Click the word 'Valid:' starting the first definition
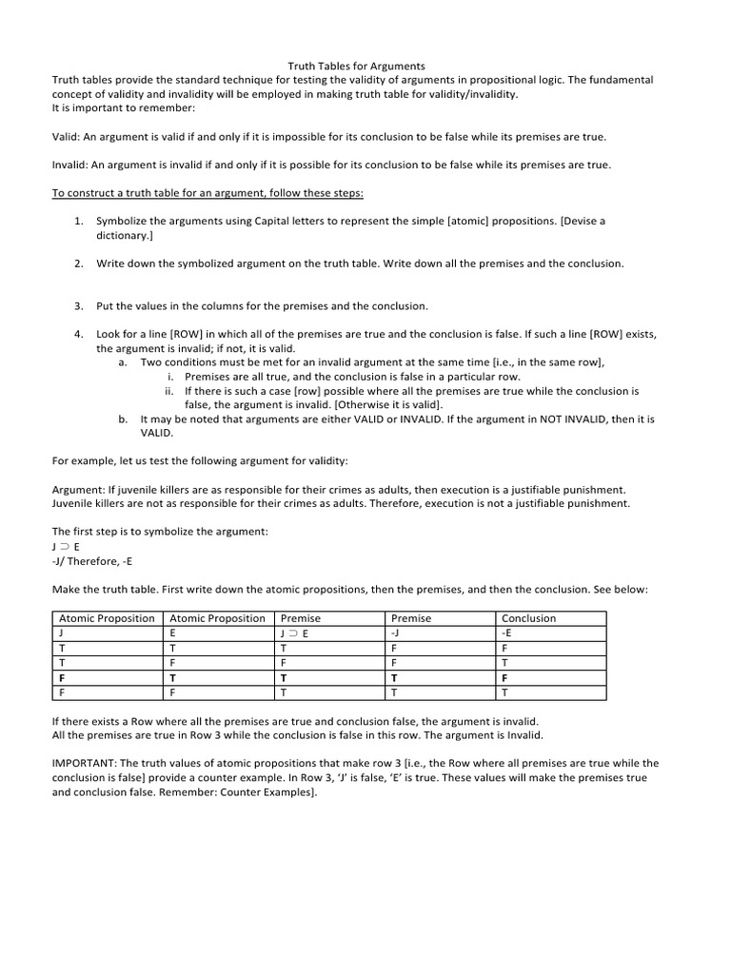(68, 137)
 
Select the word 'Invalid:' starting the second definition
(71, 165)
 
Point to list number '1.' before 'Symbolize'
(80, 221)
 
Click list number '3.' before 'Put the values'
(80, 305)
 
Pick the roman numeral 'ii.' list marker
(169, 390)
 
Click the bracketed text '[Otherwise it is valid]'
(403, 404)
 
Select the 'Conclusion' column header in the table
(528, 618)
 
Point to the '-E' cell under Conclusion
(507, 632)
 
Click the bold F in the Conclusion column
(504, 678)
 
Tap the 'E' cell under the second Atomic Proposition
(172, 632)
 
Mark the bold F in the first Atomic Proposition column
(62, 678)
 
